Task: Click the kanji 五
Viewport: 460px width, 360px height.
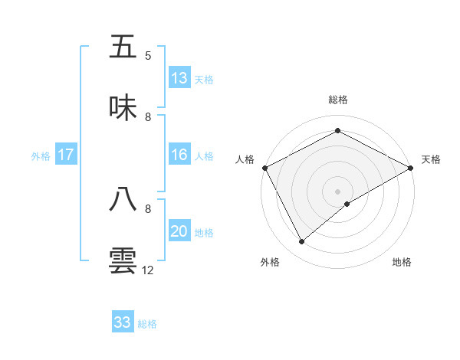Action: pyautogui.click(x=123, y=47)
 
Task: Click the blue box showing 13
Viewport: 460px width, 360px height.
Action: pyautogui.click(x=179, y=78)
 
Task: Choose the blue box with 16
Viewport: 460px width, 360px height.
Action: pyautogui.click(x=179, y=155)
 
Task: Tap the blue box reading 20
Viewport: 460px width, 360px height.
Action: pyautogui.click(x=179, y=231)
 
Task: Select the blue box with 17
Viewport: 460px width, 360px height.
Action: pyautogui.click(x=66, y=155)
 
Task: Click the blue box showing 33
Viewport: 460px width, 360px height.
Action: pyautogui.click(x=123, y=322)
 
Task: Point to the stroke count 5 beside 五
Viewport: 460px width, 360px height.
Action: pyautogui.click(x=148, y=56)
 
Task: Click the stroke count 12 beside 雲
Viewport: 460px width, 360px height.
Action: pyautogui.click(x=149, y=270)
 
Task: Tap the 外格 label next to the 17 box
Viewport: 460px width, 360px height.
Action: pyautogui.click(x=41, y=155)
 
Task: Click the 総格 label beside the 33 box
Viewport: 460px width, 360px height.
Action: pyautogui.click(x=147, y=323)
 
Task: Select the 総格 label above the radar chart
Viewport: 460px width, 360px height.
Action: pyautogui.click(x=338, y=100)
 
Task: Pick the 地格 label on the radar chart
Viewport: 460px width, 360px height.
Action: pyautogui.click(x=402, y=263)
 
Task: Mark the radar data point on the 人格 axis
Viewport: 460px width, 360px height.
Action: pyautogui.click(x=264, y=168)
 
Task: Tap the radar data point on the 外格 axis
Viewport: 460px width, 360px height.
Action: pyautogui.click(x=302, y=241)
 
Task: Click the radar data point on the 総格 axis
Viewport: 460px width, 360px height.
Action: pyautogui.click(x=338, y=131)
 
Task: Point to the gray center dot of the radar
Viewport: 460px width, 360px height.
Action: pyautogui.click(x=338, y=191)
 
